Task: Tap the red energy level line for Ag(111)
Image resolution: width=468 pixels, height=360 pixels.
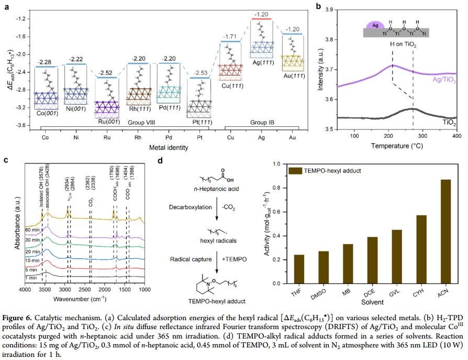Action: coord(261,19)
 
